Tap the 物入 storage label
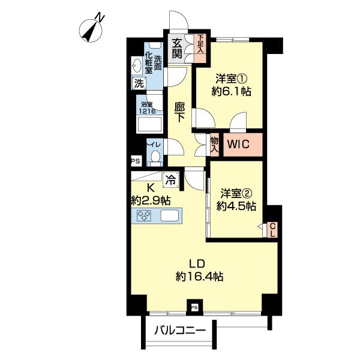pos(214,145)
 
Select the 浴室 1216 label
pos(147,108)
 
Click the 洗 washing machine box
pos(139,84)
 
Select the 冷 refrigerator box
pos(170,178)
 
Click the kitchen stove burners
pos(145,217)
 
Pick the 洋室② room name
pos(235,193)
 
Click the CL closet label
pos(272,229)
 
